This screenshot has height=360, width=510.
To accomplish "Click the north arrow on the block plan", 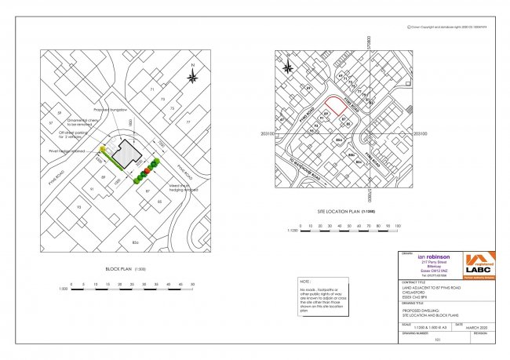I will pyautogui.click(x=192, y=75).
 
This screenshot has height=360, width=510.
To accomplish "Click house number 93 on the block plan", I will pyautogui.click(x=78, y=205).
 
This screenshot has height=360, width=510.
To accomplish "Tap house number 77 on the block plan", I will pyautogui.click(x=188, y=122).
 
